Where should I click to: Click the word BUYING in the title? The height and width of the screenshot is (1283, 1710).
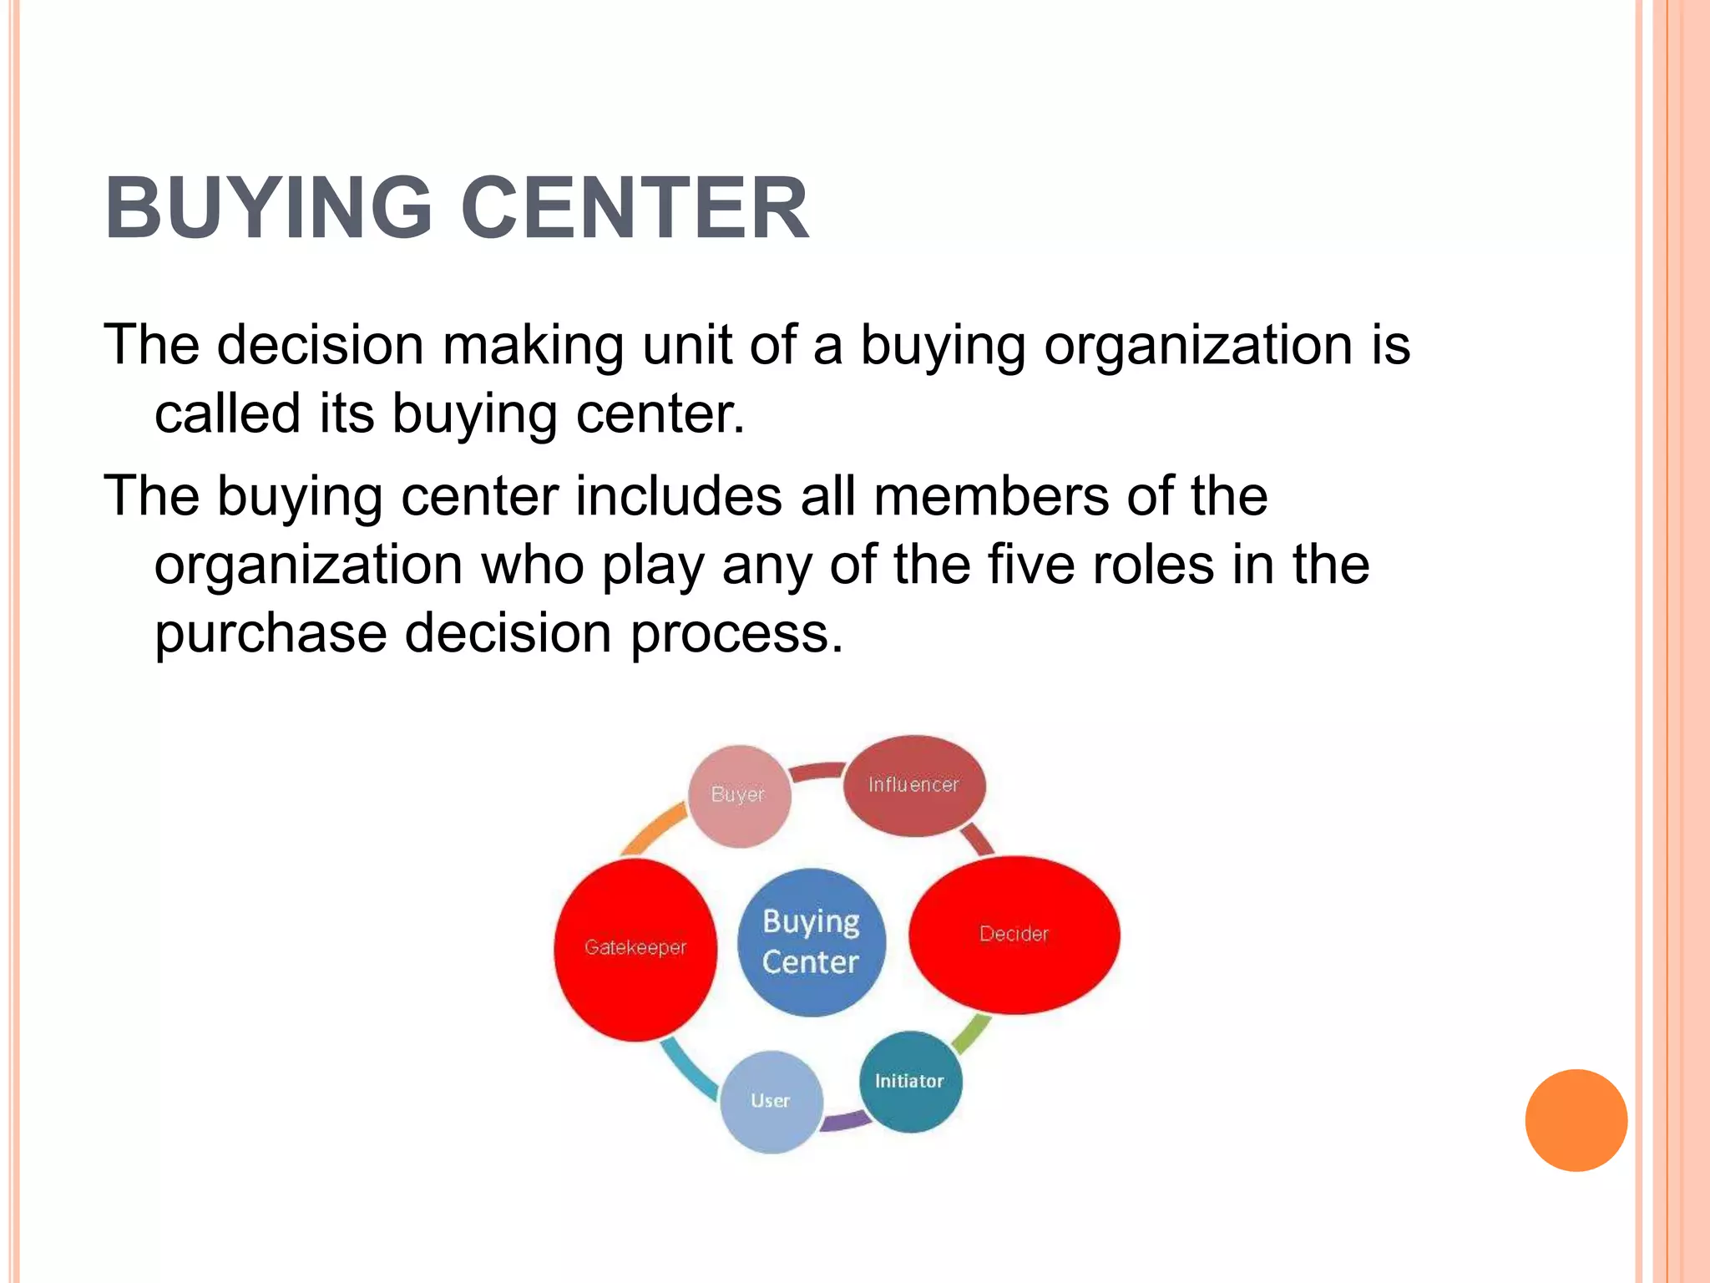269,208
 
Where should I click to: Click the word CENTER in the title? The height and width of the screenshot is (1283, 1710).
635,208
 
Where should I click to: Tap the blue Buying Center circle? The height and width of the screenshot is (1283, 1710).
811,942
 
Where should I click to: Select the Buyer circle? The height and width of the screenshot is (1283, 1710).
739,795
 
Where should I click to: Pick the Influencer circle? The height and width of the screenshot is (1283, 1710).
913,785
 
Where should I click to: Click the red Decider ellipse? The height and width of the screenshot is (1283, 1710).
1014,935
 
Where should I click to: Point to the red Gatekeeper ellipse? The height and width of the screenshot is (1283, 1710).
635,949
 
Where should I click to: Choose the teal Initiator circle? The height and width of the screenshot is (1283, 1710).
910,1082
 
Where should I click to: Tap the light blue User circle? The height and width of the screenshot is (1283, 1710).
771,1102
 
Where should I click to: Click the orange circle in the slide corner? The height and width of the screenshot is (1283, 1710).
1576,1120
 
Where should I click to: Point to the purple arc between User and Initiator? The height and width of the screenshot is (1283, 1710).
845,1121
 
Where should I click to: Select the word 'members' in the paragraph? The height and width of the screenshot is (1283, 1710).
992,496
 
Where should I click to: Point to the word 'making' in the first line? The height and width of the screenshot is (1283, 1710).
532,345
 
